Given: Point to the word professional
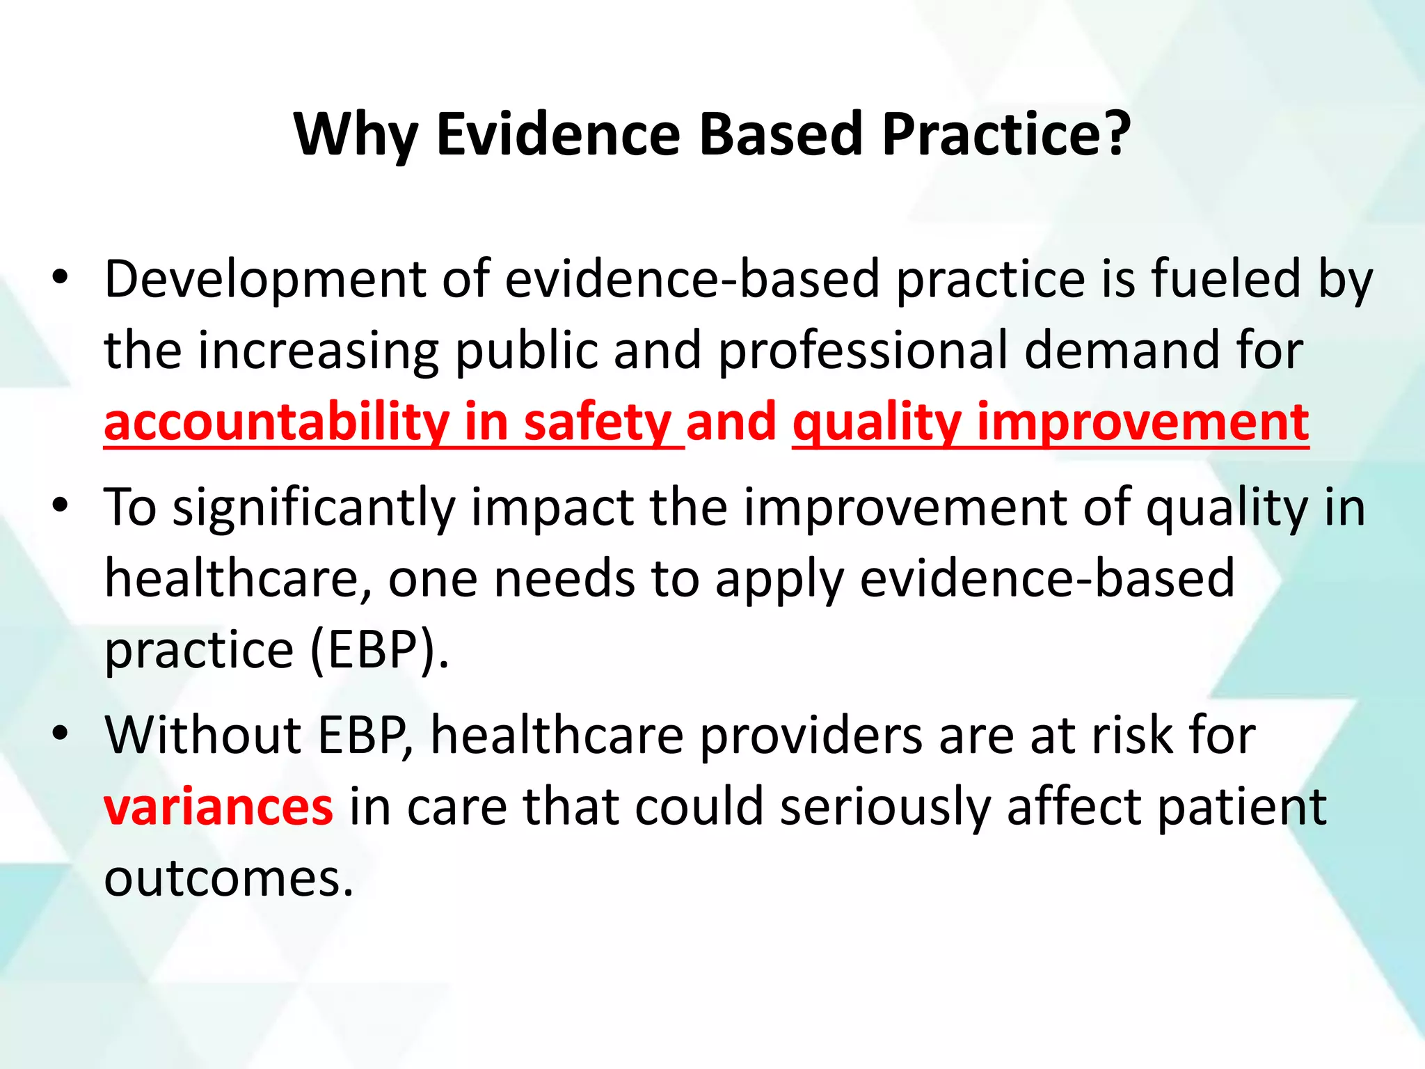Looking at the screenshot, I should [x=862, y=352].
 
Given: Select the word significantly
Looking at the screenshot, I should [x=313, y=509].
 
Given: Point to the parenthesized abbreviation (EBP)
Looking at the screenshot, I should [x=379, y=651].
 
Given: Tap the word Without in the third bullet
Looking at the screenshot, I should [x=202, y=736].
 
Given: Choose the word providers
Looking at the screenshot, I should [x=811, y=736].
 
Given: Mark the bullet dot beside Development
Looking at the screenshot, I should [x=61, y=278].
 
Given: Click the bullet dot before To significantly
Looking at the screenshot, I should [x=61, y=505].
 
